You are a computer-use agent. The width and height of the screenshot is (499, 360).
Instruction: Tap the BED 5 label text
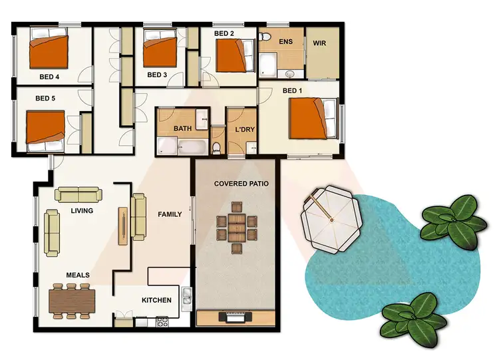pos(45,98)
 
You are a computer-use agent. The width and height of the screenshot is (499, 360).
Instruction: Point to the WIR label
pos(320,42)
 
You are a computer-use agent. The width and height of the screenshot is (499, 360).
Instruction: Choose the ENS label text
pos(285,42)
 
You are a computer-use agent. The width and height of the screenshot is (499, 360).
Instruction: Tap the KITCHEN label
pos(156,300)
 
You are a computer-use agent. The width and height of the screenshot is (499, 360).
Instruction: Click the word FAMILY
pos(170,214)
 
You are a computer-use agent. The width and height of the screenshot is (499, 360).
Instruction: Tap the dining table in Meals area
pos(72,300)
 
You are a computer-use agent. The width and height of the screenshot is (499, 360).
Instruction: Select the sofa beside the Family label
pos(138,216)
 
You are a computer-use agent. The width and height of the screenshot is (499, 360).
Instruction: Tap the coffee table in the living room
pos(123,224)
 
